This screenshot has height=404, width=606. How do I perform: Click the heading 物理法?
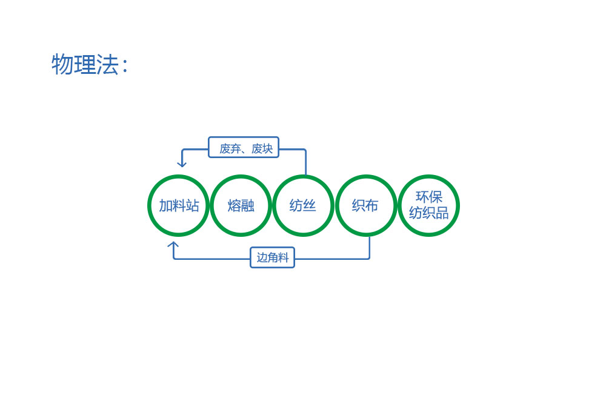coord(85,64)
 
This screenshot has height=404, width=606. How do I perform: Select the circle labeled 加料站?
coord(149,205)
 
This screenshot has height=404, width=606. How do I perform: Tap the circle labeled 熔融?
coord(211,205)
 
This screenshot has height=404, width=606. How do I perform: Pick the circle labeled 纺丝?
coord(274,205)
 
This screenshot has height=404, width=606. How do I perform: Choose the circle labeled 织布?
coord(337,205)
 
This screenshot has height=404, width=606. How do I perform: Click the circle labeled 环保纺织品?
coord(399,205)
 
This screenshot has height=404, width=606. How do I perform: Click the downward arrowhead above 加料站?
coord(182,164)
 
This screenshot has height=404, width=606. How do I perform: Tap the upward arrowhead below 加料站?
coord(173,245)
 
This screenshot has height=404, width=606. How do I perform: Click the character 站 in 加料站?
coord(192,205)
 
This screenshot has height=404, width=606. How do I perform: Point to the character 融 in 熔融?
coord(248,205)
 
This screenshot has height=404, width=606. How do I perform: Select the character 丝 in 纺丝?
coord(310,205)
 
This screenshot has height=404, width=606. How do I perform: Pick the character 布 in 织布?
coord(372,205)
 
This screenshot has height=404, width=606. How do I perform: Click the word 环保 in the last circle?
coord(429,197)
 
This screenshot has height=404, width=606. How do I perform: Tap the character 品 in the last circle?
coord(442,213)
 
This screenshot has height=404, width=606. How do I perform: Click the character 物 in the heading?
coord(62,64)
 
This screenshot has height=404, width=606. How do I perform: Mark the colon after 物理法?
coord(124,65)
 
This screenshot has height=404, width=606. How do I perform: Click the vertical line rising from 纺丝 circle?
coord(305,162)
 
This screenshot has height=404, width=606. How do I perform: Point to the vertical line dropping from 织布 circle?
coord(370,247)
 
